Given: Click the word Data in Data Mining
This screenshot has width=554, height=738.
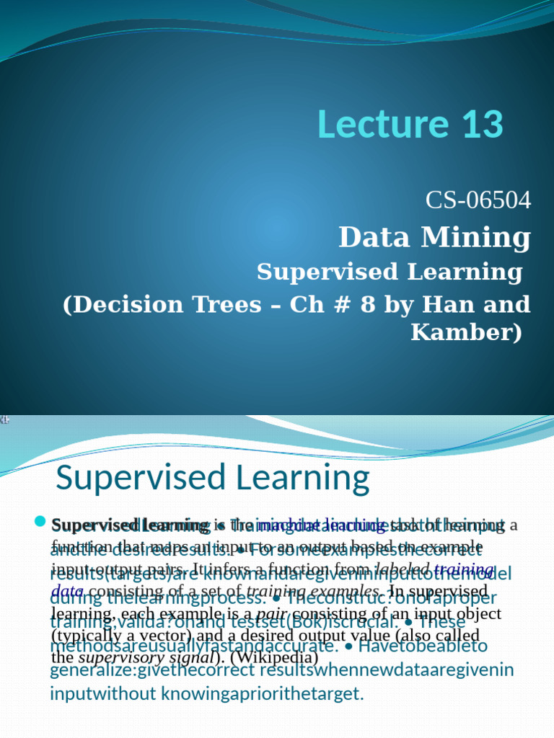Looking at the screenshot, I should [374, 237].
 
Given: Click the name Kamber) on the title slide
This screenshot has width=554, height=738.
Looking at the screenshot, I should [466, 333].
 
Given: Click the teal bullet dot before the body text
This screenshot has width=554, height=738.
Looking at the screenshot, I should [39, 523].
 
